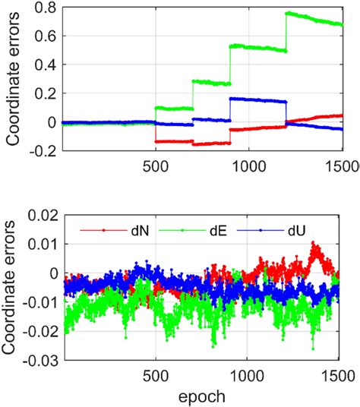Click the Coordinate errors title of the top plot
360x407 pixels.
click(14, 80)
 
